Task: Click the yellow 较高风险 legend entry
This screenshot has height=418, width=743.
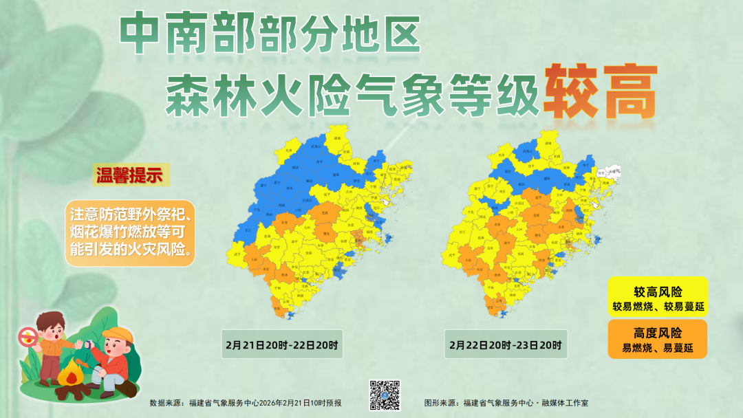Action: coord(657,296)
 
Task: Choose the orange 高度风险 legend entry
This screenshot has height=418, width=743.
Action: coord(657,339)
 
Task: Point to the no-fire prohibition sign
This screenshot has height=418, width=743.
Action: coord(28,336)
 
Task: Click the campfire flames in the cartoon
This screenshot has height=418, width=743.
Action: coord(70,375)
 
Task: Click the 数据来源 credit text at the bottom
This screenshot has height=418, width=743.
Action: coord(246,403)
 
